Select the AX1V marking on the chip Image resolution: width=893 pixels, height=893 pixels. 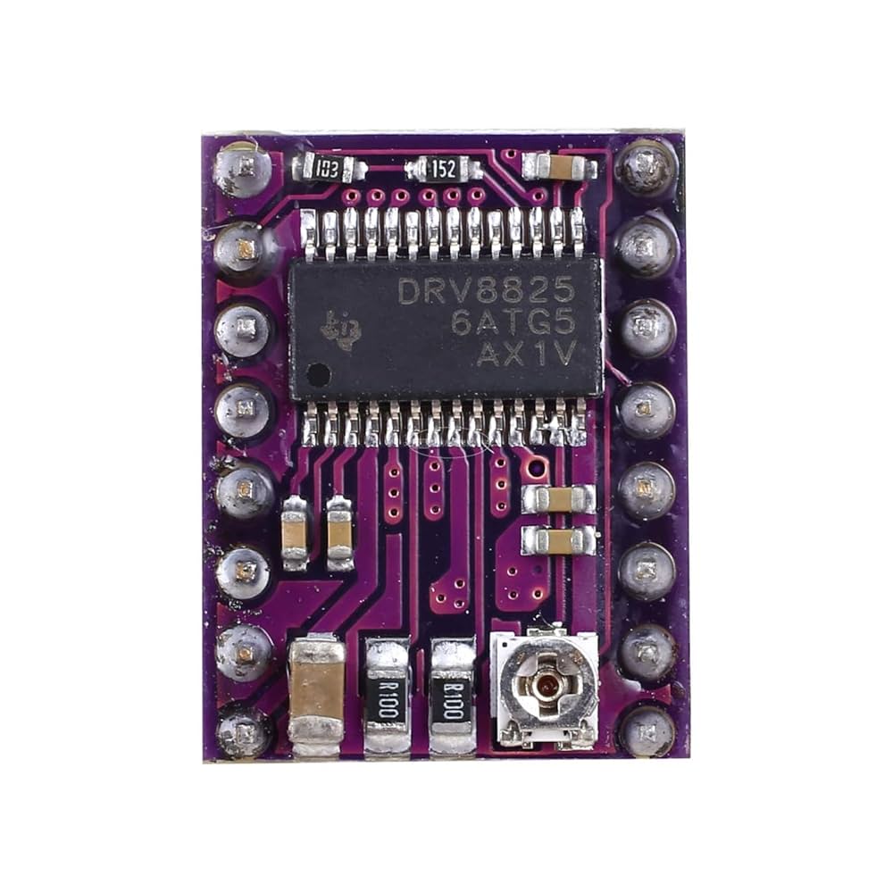(x=524, y=354)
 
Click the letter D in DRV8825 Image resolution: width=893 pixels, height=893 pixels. (x=410, y=290)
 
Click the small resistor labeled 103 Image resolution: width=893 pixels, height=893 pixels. (x=330, y=168)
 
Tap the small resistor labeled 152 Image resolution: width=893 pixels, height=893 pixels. (x=443, y=168)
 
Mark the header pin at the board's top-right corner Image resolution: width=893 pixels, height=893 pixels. (x=646, y=166)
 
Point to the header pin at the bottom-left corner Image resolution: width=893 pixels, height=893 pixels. (x=242, y=732)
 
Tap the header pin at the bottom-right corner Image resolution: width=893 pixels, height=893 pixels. (x=647, y=731)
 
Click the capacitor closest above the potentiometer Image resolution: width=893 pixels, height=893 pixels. (x=559, y=539)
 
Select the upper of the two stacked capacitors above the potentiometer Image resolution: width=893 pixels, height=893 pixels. (x=559, y=498)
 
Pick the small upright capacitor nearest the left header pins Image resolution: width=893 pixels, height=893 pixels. (x=295, y=533)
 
